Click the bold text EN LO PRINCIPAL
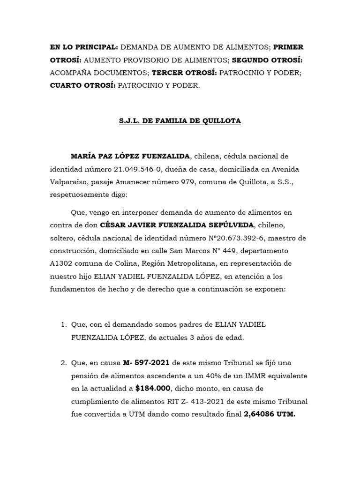click(x=84, y=47)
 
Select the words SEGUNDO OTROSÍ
click(x=267, y=60)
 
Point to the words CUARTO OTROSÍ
click(x=83, y=86)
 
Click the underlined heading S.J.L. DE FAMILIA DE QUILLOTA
click(x=180, y=121)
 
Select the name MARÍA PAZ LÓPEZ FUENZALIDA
click(x=130, y=156)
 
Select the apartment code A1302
click(x=61, y=263)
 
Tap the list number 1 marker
click(x=63, y=325)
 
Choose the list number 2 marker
click(x=63, y=363)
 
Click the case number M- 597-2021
click(x=147, y=363)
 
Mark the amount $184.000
click(x=152, y=389)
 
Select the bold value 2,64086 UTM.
click(x=270, y=414)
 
